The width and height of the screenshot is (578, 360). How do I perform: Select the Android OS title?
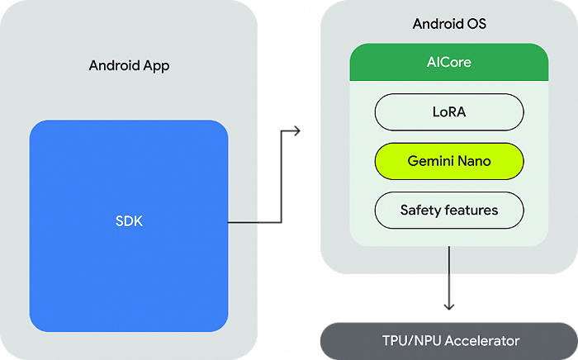coord(449,23)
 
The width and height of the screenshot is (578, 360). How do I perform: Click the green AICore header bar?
coord(449,62)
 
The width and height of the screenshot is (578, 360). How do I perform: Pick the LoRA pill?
coord(449,111)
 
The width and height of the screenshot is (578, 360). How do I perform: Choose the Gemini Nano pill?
coord(449,161)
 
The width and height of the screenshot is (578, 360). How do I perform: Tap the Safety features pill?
coord(449,210)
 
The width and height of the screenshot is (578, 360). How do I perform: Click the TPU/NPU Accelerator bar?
coord(449,340)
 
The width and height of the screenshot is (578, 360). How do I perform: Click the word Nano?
coord(474,161)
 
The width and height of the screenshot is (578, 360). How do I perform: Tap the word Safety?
coord(419,210)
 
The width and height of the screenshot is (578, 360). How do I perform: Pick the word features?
coord(471,210)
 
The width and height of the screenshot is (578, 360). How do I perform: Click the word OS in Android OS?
coord(476,23)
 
